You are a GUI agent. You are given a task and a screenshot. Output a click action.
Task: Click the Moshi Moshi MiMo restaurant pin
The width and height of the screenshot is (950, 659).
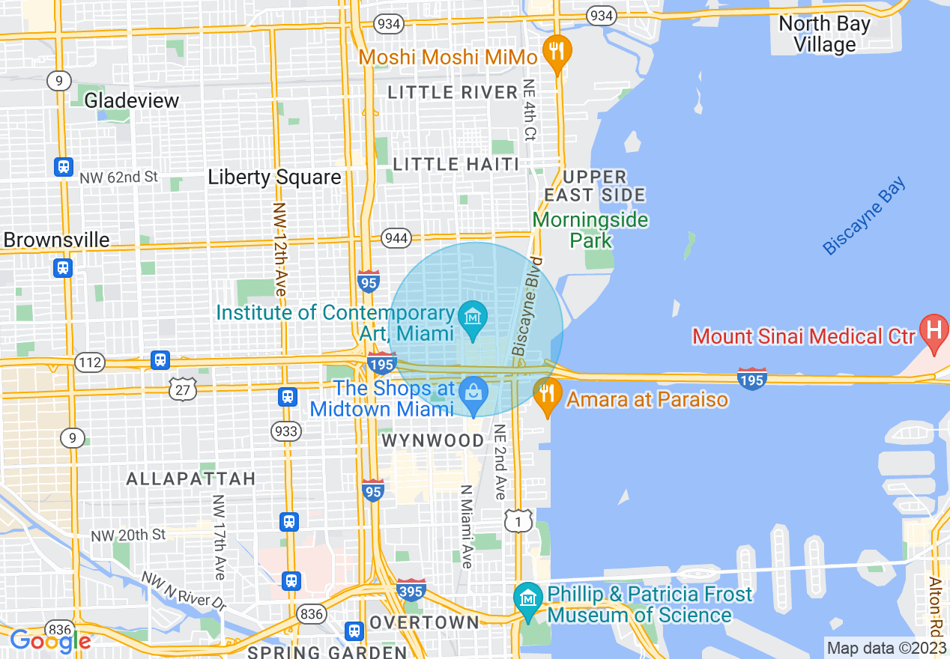pyautogui.click(x=555, y=51)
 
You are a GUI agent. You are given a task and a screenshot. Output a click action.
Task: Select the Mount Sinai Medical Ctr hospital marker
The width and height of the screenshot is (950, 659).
pyautogui.click(x=934, y=329)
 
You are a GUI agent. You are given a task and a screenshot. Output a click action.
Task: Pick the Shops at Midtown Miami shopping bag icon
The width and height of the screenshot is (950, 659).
pyautogui.click(x=473, y=392)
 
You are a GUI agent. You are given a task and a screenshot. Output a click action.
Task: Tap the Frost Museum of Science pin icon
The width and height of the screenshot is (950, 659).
pyautogui.click(x=529, y=598)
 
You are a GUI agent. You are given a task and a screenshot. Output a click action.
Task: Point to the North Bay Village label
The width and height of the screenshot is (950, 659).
pyautogui.click(x=824, y=34)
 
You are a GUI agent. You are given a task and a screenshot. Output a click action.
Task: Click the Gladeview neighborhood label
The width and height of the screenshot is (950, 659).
pyautogui.click(x=132, y=100)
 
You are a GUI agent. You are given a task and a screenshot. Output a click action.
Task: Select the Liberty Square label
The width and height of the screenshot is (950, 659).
pyautogui.click(x=274, y=177)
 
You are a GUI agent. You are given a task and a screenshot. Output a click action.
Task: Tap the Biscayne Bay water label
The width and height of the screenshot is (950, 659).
pyautogui.click(x=864, y=216)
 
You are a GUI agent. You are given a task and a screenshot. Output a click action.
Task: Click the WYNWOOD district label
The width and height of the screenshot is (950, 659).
pyautogui.click(x=433, y=440)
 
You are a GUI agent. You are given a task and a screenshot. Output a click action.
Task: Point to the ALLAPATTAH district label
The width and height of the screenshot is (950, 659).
pyautogui.click(x=191, y=478)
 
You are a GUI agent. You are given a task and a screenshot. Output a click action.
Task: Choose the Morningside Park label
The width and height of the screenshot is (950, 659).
pyautogui.click(x=590, y=230)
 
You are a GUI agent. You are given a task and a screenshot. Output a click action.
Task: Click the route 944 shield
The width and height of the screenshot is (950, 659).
pyautogui.click(x=396, y=238)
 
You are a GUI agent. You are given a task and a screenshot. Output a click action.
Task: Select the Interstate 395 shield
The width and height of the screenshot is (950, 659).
pyautogui.click(x=411, y=589)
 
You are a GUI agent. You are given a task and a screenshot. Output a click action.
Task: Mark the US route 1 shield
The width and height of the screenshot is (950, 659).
pyautogui.click(x=518, y=520)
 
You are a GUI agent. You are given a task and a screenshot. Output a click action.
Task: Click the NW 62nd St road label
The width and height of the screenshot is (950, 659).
pyautogui.click(x=120, y=177)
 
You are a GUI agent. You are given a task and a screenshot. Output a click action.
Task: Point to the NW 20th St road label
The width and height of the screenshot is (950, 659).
pyautogui.click(x=128, y=535)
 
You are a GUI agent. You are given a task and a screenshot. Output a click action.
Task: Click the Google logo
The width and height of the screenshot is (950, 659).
pyautogui.click(x=50, y=641)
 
